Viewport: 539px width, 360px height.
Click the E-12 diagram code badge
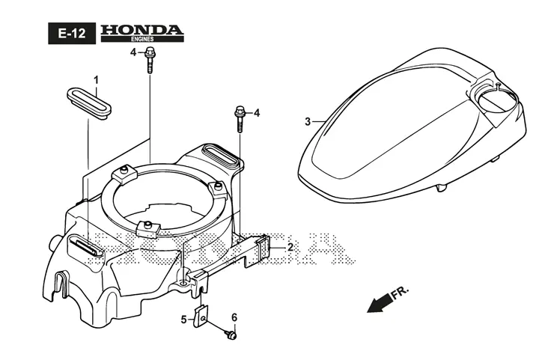72,34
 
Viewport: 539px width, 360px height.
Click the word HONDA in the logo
142,30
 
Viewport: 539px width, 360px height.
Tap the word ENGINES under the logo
142,39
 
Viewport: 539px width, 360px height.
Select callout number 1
97,80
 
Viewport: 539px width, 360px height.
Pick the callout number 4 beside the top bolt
133,53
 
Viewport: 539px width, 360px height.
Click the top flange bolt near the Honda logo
150,59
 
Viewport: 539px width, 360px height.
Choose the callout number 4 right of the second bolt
257,113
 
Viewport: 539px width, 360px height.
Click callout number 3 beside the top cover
308,121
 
